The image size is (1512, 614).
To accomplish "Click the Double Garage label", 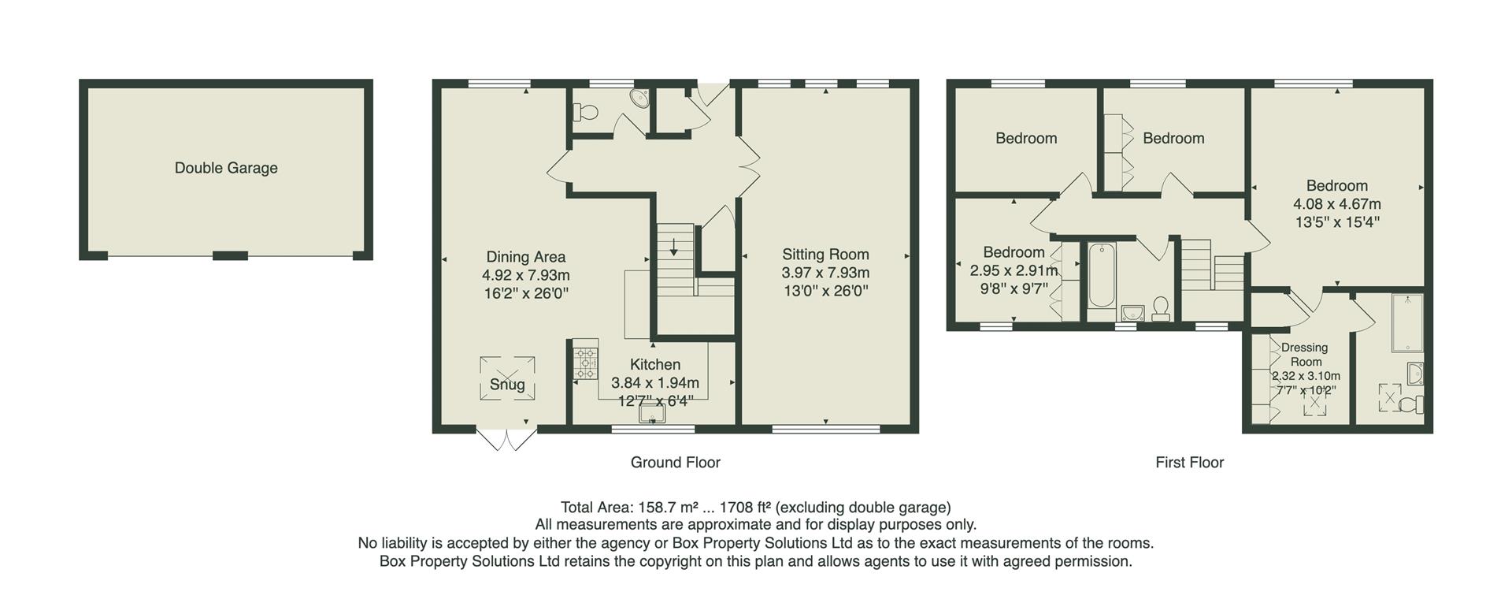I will pos(226,168).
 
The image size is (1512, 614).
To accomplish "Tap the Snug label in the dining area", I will pos(507,385).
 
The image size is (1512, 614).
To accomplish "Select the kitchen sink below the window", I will pos(652,412).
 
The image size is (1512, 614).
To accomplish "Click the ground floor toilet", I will pos(585,113).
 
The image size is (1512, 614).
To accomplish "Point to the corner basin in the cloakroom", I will pos(640,99).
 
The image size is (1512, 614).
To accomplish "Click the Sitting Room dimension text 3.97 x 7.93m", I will pos(825,273).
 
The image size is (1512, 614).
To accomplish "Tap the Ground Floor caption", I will pos(675,463).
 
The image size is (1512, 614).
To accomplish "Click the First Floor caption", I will pos(1189,463).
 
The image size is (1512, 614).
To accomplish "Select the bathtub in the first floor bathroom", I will pos(1100,276).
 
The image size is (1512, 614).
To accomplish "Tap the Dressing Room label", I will pos(1304,354).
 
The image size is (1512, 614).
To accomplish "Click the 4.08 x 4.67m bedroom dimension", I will pos(1336,204).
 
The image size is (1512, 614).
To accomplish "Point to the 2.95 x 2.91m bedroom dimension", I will pos(1013,270).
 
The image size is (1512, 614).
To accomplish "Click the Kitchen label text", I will pos(654,364).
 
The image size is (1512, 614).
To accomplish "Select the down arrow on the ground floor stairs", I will pos(675,247).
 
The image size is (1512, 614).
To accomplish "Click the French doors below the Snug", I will pos(506,440).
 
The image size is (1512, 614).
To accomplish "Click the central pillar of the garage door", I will pos(230,255).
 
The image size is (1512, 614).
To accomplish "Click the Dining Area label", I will pos(525,257).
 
